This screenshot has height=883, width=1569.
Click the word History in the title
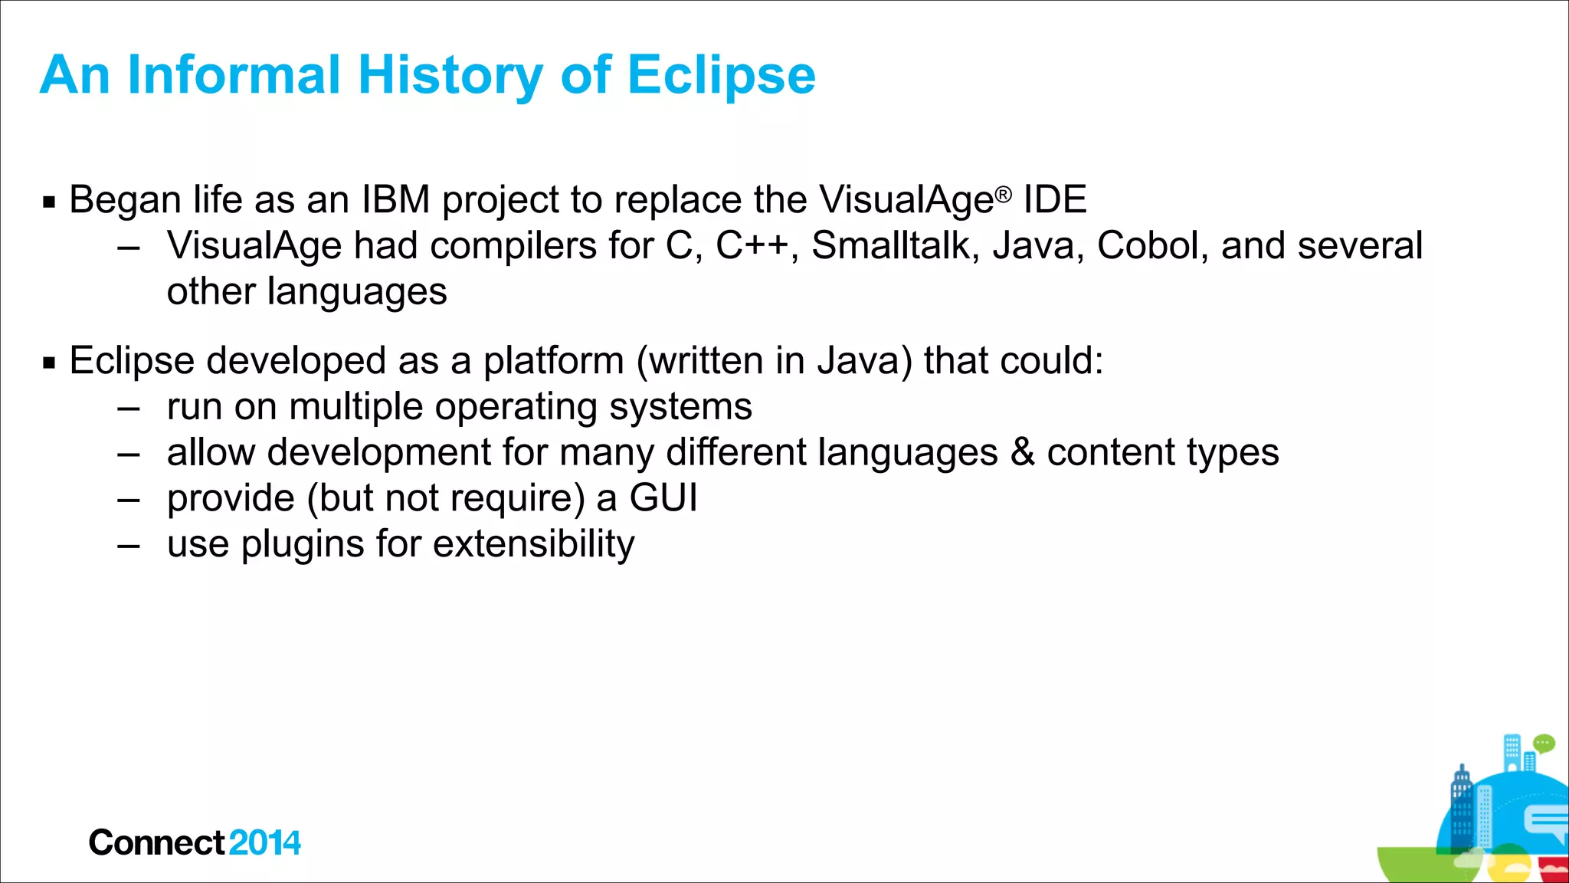point(450,75)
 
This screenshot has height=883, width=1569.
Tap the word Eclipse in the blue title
point(721,75)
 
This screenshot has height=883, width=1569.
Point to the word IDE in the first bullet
point(1055,200)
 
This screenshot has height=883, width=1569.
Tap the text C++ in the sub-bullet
point(752,247)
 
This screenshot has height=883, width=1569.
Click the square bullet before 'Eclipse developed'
point(50,363)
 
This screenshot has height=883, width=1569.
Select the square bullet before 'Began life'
point(50,202)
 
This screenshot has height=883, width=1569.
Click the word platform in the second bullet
point(553,361)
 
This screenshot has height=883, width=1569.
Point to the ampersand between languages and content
point(1022,452)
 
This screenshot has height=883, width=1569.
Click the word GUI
point(663,498)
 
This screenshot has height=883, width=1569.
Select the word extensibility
point(534,544)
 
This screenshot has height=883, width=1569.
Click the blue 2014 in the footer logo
point(264,843)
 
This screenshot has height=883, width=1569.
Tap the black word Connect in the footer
point(157,843)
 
